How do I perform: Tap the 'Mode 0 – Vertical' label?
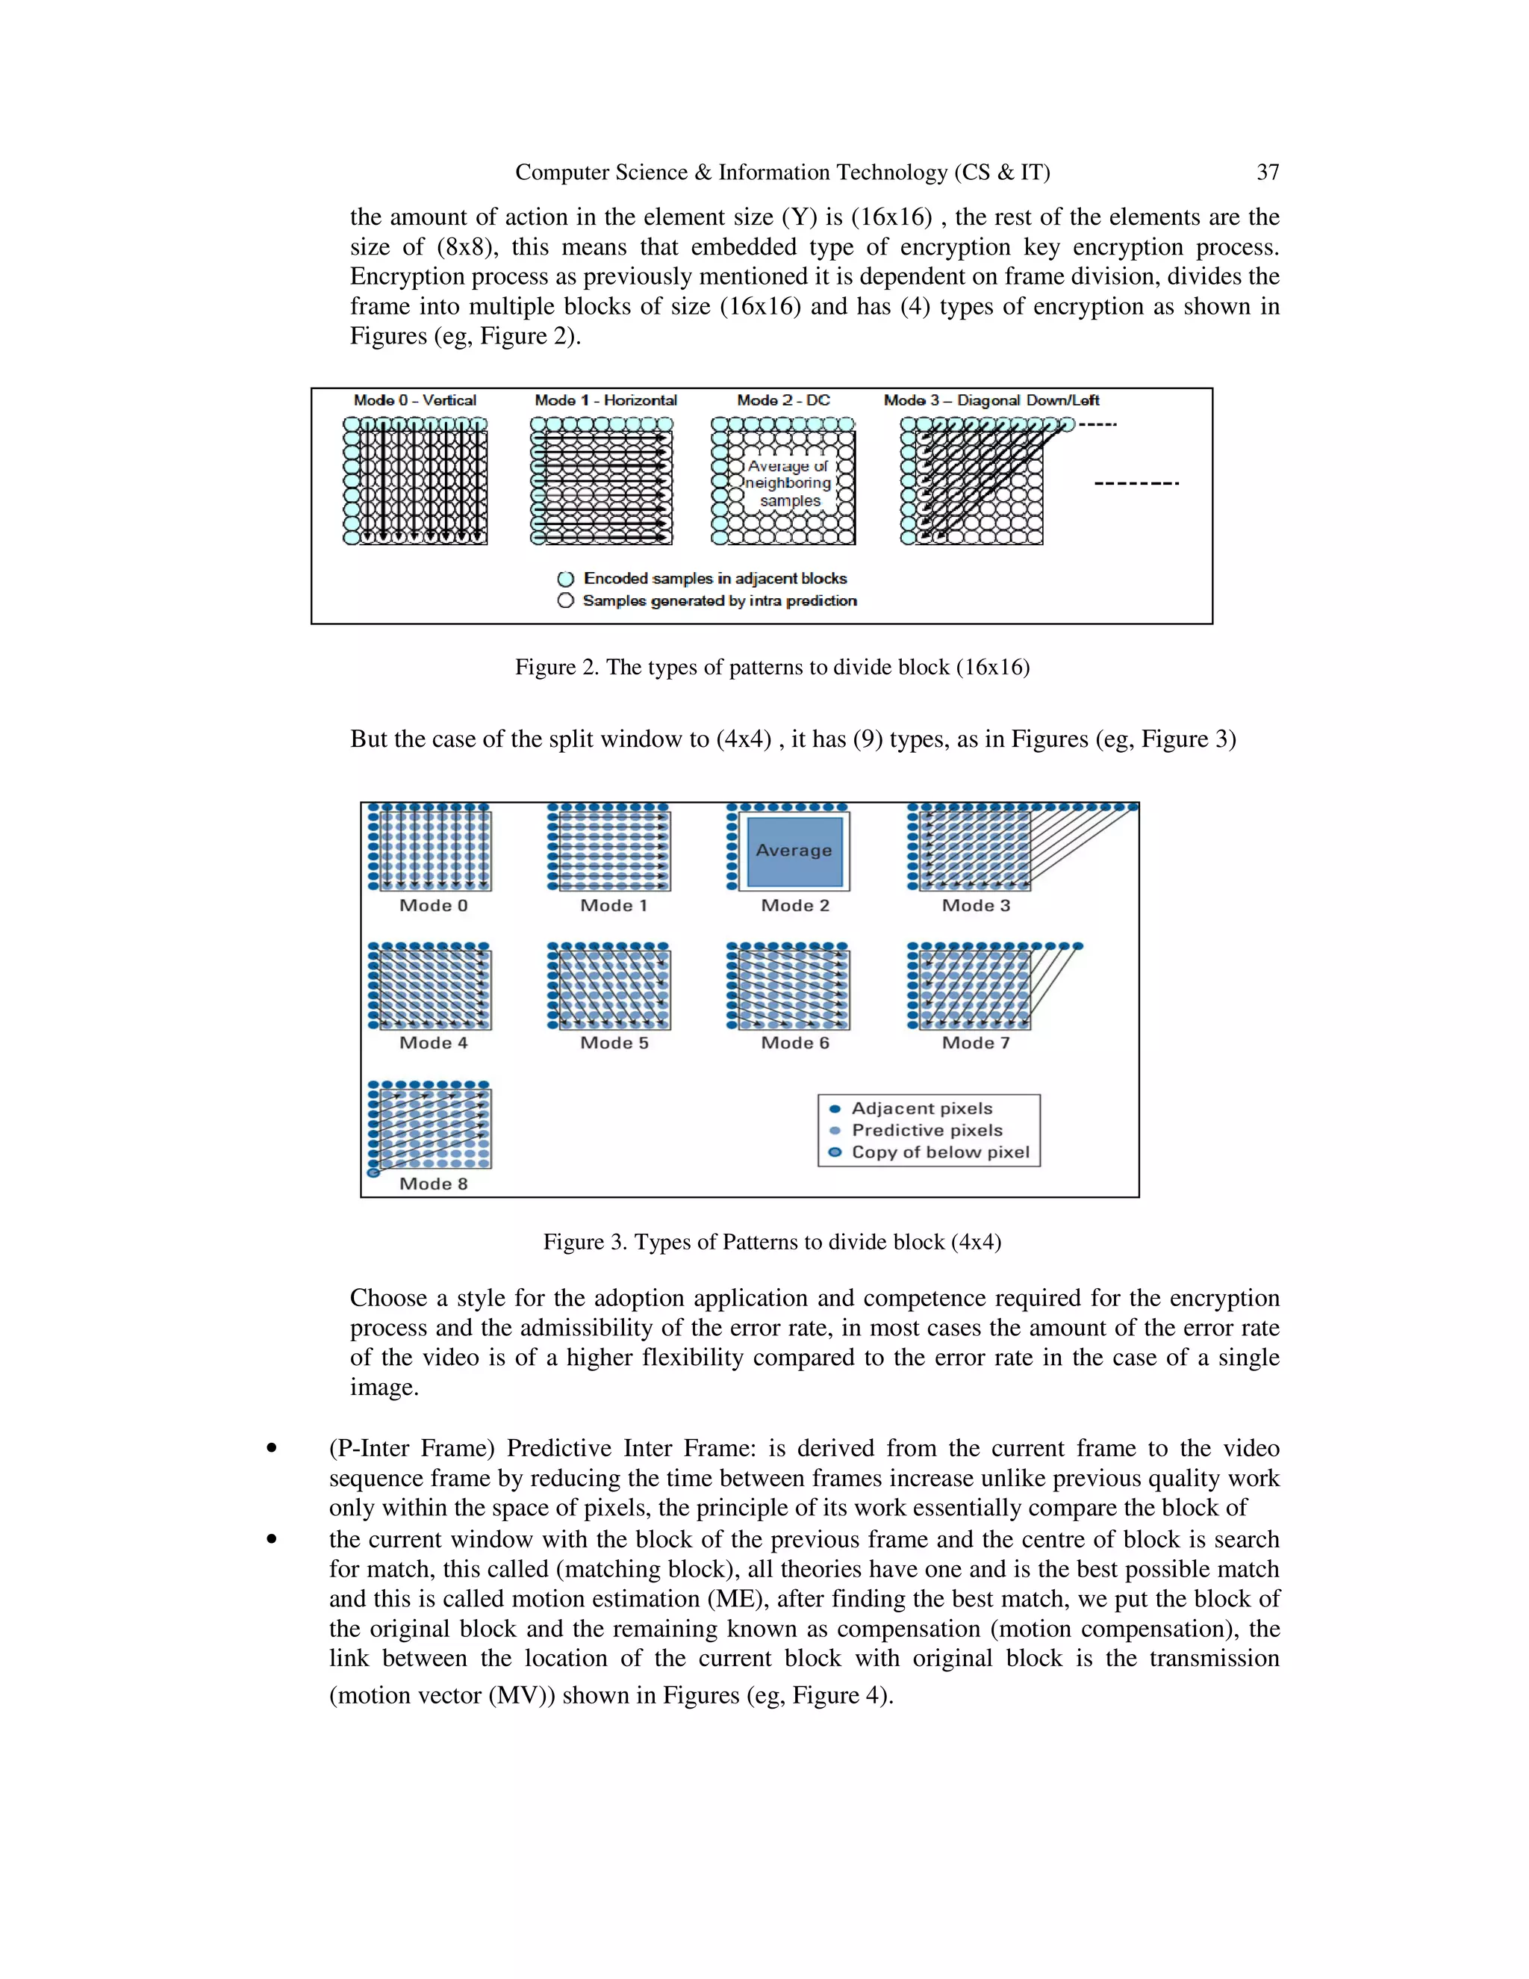(x=415, y=400)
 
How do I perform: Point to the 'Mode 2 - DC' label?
(x=783, y=400)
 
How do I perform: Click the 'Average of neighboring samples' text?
(x=788, y=483)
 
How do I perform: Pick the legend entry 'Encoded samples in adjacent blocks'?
(x=714, y=578)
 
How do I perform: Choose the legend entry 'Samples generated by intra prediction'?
(x=719, y=600)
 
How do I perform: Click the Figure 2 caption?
(x=772, y=668)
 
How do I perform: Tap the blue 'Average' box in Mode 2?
(x=794, y=851)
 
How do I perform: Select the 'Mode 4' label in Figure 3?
(x=434, y=1043)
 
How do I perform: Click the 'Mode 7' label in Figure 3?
(x=976, y=1043)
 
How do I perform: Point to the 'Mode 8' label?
(x=434, y=1184)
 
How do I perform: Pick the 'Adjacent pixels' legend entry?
(x=922, y=1108)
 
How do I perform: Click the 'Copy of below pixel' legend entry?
(x=940, y=1152)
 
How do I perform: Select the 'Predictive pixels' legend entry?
(x=927, y=1130)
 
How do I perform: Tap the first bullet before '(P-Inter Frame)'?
(x=271, y=1449)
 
